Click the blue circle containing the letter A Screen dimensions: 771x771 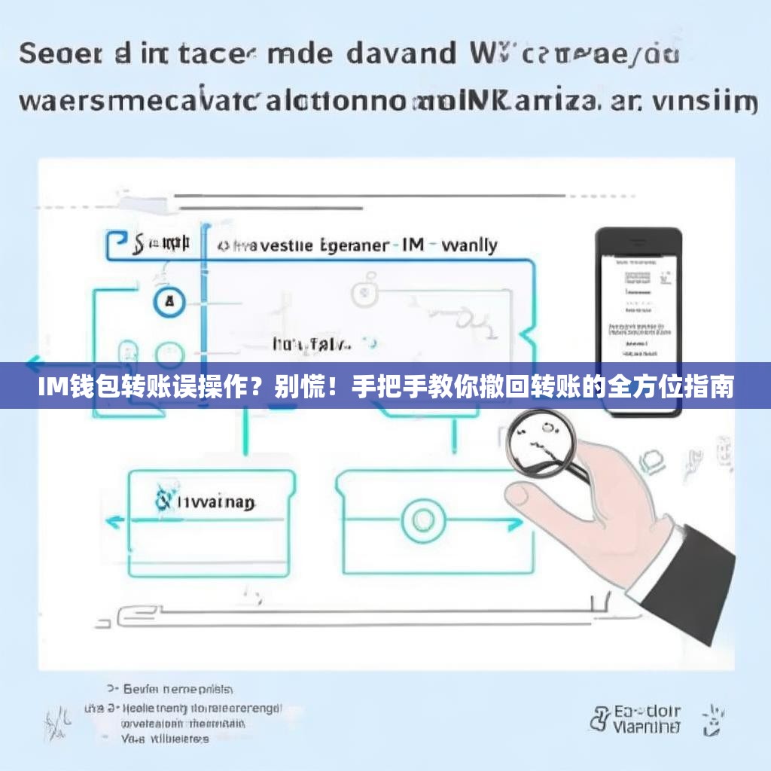point(169,302)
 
